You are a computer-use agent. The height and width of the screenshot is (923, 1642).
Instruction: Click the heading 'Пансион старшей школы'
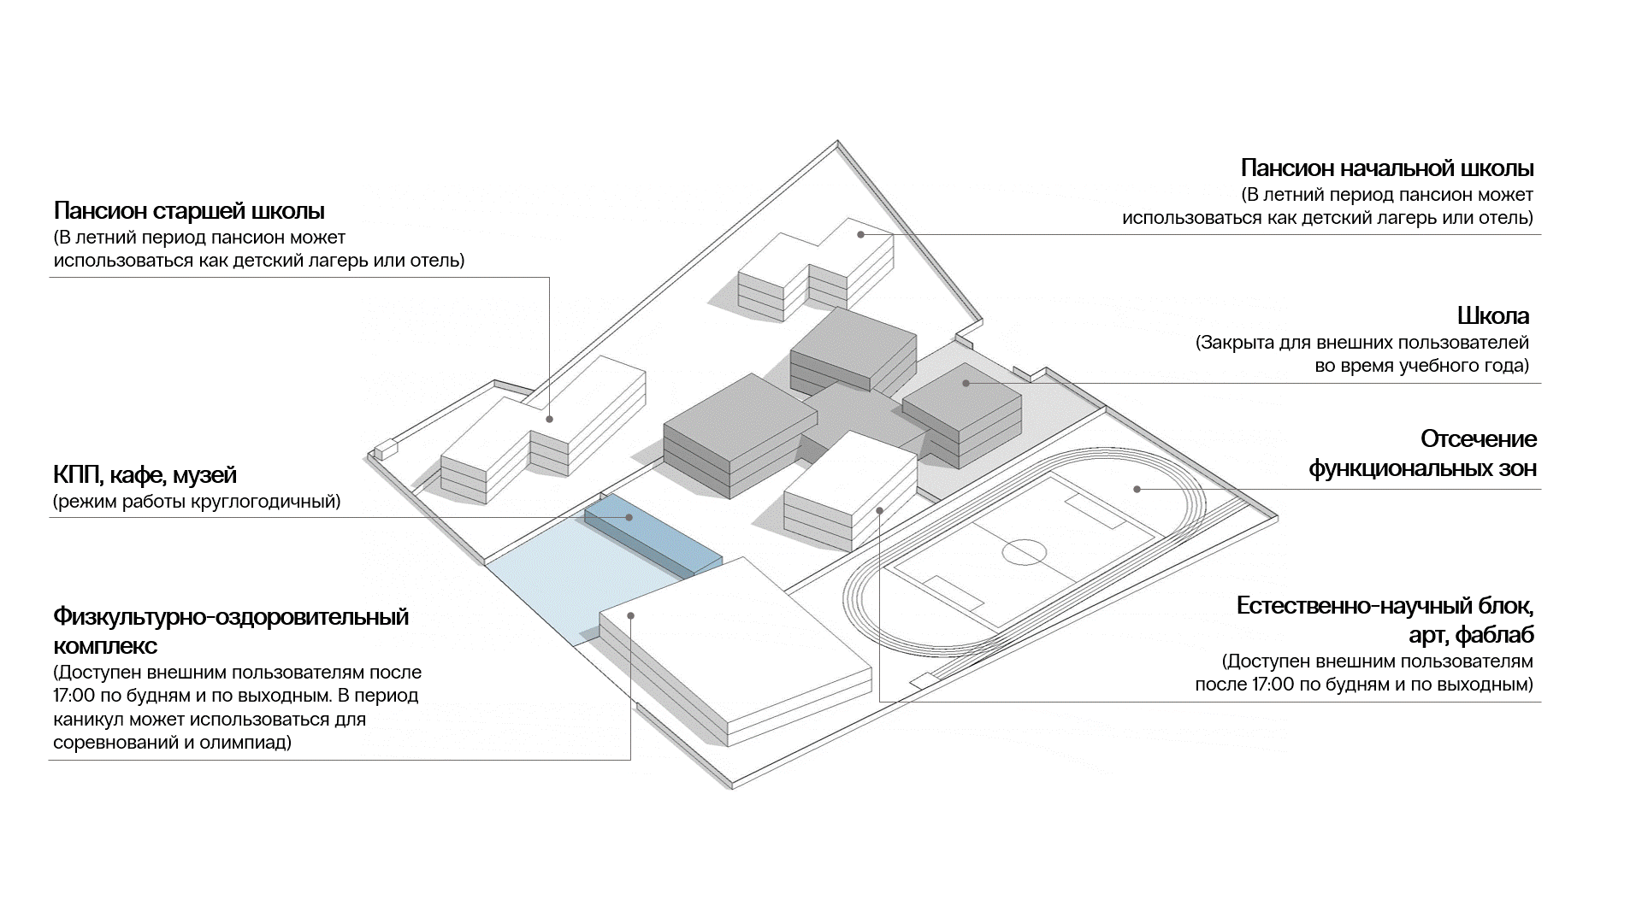click(189, 210)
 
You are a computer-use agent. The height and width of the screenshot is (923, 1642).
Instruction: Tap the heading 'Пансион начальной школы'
click(1386, 168)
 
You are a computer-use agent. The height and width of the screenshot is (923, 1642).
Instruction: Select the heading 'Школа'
click(1492, 316)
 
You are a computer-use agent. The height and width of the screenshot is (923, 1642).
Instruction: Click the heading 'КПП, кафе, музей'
click(145, 475)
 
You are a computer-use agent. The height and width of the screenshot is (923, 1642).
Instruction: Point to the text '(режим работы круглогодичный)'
click(197, 502)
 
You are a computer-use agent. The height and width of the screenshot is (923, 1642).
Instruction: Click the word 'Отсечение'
click(1478, 439)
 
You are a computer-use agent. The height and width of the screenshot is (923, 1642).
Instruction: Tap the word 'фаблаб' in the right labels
click(1494, 635)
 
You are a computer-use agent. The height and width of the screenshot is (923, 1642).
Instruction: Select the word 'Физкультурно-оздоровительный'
click(231, 616)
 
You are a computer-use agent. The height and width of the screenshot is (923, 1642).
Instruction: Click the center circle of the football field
click(1024, 552)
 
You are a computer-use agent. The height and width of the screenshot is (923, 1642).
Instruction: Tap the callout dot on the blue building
click(629, 517)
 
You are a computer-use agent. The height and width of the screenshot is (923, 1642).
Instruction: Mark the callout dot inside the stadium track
click(1137, 489)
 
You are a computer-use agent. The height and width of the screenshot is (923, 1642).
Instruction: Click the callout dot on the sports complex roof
click(631, 615)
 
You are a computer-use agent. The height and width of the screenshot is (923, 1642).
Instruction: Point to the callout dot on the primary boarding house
click(861, 234)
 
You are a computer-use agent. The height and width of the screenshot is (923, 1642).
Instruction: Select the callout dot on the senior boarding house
click(549, 419)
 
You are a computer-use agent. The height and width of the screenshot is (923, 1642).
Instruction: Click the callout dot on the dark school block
click(966, 383)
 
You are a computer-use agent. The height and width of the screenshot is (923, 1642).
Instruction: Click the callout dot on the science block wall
click(880, 510)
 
